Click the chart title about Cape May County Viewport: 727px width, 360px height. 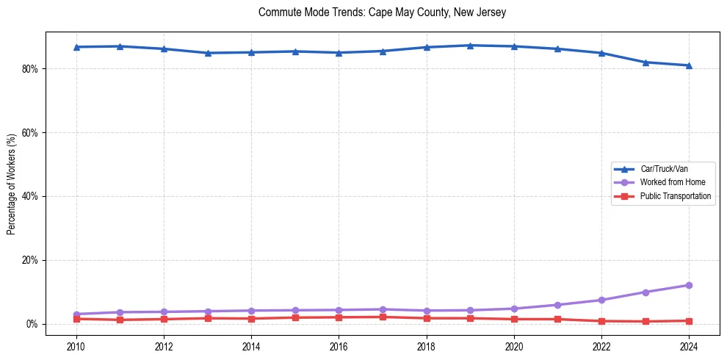tap(382, 12)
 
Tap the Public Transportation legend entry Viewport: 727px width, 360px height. tap(675, 196)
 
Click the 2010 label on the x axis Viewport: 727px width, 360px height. tap(76, 346)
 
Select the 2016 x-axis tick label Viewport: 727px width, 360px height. tap(339, 346)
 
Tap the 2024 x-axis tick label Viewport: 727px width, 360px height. tap(689, 346)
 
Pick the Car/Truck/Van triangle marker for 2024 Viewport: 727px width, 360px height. tap(689, 65)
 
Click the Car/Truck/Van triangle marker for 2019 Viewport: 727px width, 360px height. tap(470, 46)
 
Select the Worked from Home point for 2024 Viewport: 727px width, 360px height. tap(689, 285)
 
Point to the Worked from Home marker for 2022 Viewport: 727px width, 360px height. tap(601, 300)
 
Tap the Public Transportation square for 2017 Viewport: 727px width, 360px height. tap(383, 317)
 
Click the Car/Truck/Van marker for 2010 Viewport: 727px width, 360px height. tap(76, 47)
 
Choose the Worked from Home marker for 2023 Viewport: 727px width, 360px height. tap(645, 292)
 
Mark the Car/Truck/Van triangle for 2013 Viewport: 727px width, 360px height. tap(208, 53)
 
